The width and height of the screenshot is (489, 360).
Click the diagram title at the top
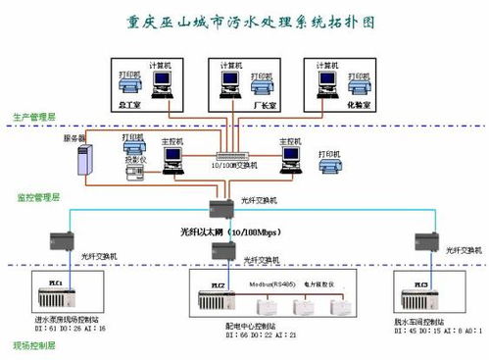[245, 20]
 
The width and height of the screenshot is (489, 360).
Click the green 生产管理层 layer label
[32, 119]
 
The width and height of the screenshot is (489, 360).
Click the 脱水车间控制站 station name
[425, 321]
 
